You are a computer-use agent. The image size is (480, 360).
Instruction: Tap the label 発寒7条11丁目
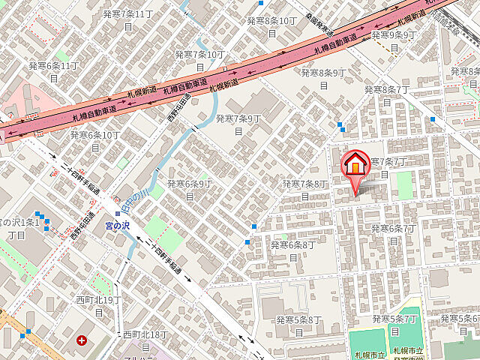click(127, 19)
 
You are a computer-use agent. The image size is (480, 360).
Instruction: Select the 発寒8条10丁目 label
click(271, 26)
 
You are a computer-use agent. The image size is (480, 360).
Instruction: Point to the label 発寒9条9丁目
click(393, 40)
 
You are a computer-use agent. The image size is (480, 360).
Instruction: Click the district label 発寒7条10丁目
click(199, 60)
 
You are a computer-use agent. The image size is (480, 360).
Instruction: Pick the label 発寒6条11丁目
click(53, 72)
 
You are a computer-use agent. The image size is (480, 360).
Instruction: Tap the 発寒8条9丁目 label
click(323, 78)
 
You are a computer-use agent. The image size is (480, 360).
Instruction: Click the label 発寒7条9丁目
click(238, 124)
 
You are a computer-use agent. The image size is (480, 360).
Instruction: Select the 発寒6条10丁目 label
click(95, 140)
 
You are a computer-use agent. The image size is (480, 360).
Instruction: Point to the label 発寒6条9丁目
click(190, 189)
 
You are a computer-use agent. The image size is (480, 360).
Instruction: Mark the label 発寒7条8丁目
click(305, 190)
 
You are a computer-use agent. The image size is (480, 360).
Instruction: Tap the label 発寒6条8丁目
click(292, 250)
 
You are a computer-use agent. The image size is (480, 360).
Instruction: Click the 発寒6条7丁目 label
click(392, 234)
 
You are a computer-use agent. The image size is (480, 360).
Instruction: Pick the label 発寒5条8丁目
click(298, 325)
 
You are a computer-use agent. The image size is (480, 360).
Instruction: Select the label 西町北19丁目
click(98, 305)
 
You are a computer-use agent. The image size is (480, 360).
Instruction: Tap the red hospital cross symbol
click(81, 340)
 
